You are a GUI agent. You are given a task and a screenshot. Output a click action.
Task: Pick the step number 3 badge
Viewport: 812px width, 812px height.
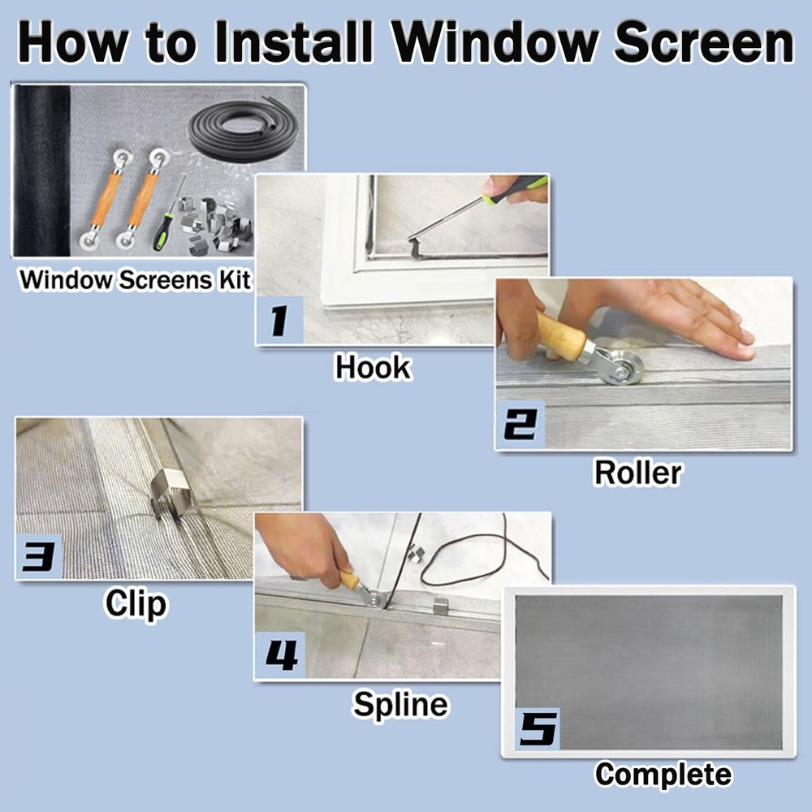(x=38, y=556)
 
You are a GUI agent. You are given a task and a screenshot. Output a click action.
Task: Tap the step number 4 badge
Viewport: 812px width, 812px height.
(x=280, y=655)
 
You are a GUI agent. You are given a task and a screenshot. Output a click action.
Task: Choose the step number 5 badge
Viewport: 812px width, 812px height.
(x=537, y=728)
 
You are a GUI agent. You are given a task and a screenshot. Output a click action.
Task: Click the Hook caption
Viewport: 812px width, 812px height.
(x=373, y=367)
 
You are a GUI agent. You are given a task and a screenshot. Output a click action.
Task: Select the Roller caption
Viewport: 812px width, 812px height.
(x=637, y=472)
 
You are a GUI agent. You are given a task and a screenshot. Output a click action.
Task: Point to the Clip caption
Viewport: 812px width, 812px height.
(x=135, y=603)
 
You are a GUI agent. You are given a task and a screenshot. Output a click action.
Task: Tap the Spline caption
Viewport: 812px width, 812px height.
(x=400, y=704)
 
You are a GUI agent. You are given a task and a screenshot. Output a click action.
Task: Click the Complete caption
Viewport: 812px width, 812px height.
(x=663, y=774)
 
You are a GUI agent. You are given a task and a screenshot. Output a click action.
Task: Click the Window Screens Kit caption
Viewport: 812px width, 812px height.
(x=135, y=280)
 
